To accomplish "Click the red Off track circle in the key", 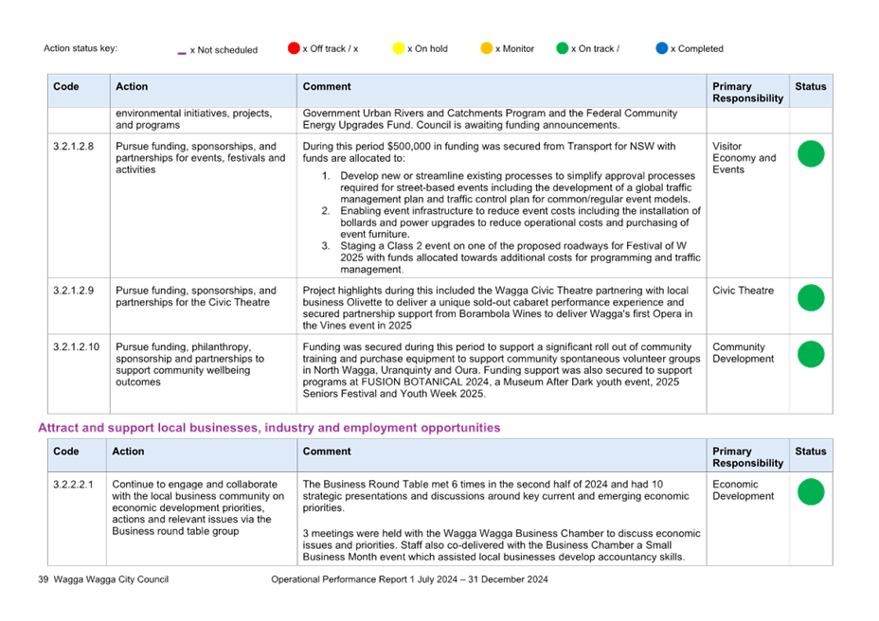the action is (x=294, y=48).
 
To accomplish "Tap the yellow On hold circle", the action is (x=399, y=48).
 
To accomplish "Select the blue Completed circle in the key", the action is (x=662, y=48).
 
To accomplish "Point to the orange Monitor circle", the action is (x=487, y=48).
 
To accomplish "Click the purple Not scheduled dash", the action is (x=182, y=53).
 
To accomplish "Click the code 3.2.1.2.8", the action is (x=74, y=147).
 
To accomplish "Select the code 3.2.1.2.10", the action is (x=76, y=346).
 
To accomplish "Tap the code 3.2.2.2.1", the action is (x=74, y=485).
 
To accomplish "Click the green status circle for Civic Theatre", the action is (x=811, y=297).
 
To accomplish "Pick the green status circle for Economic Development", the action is (x=811, y=491).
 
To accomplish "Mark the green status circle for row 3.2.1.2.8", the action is (x=811, y=153).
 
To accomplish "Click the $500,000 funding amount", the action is (x=409, y=147).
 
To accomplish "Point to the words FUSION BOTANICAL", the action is (x=412, y=382).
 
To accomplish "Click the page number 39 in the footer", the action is (x=44, y=579).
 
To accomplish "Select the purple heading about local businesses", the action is (x=269, y=428).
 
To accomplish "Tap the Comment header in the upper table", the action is (x=327, y=86).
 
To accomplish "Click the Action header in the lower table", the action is (x=128, y=452).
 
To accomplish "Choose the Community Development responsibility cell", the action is (x=743, y=353).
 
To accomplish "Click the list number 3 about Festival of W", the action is (x=325, y=246).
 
